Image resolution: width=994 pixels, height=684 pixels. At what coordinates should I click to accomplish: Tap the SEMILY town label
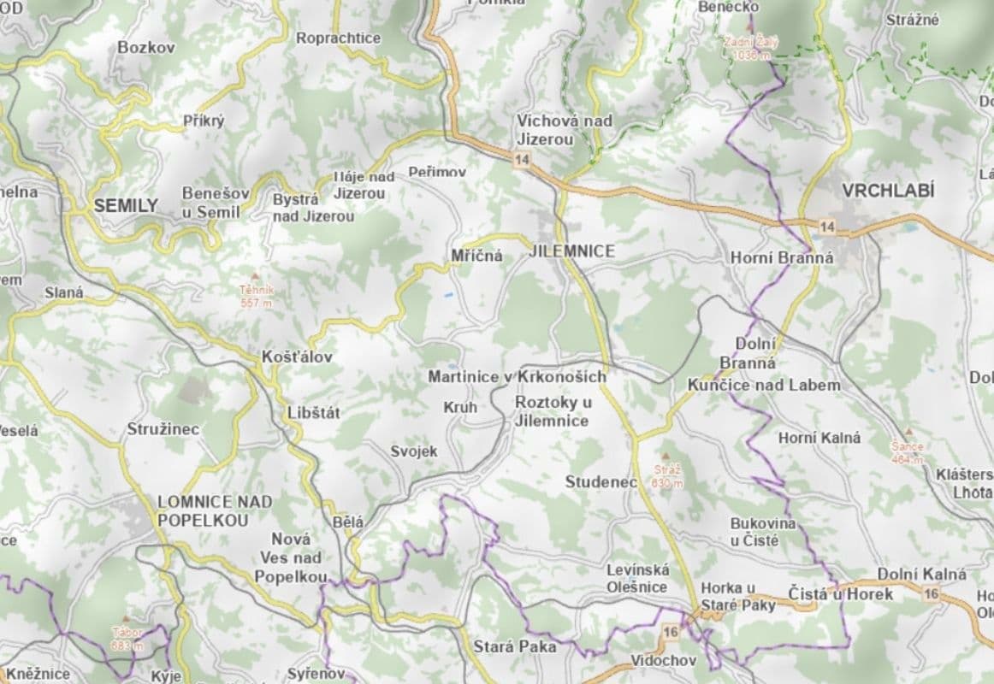pos(126,205)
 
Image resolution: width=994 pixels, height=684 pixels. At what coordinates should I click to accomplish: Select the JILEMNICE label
pos(572,251)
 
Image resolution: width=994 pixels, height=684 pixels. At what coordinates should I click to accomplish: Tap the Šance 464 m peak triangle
pos(908,433)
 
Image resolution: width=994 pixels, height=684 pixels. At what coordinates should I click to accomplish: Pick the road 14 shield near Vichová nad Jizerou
pos(520,158)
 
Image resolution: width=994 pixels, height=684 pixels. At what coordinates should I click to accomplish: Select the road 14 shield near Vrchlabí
pos(826,227)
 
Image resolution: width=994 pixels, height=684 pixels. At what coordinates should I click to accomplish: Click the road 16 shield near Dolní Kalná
pos(932,594)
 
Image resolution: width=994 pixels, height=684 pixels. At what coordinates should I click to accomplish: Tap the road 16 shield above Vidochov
pos(671,631)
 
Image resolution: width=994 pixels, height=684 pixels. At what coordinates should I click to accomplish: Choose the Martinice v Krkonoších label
pos(517,377)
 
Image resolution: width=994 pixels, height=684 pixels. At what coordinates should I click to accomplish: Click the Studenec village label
pos(601,482)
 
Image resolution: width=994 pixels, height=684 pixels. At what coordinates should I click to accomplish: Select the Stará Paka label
pos(514,646)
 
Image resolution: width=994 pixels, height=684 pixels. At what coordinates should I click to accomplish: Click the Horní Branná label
pos(770,256)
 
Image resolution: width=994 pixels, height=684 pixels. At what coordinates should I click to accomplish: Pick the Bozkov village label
pos(146,48)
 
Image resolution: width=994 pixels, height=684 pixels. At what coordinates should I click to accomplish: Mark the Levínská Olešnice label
pos(636,578)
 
